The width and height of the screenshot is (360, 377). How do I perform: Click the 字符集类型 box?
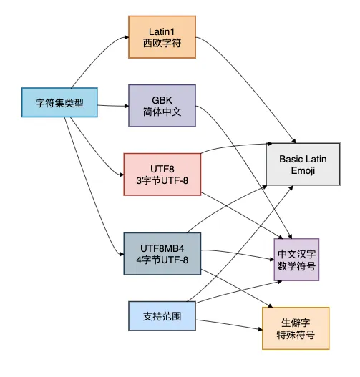(59, 103)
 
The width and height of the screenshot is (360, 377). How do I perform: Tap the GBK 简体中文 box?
(161, 106)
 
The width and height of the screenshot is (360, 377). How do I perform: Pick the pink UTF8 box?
(161, 173)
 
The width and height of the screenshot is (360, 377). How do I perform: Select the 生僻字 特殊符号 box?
(296, 328)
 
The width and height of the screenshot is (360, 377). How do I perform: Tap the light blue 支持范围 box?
(162, 315)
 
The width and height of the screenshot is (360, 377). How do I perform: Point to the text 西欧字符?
(162, 45)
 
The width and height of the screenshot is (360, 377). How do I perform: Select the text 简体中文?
(161, 113)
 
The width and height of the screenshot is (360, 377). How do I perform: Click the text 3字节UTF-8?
(161, 180)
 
